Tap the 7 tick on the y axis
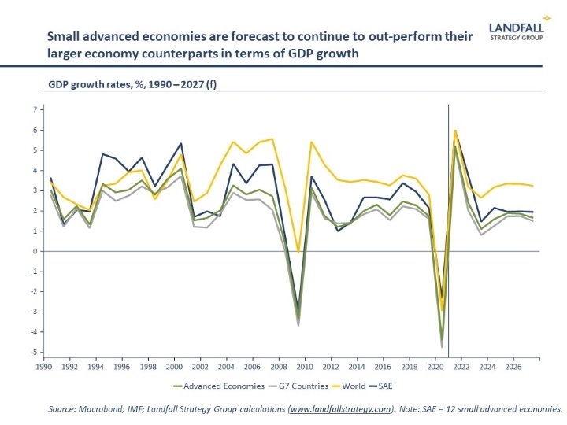click(35, 109)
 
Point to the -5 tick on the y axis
click(34, 352)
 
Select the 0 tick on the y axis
click(35, 251)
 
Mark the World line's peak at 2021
click(455, 131)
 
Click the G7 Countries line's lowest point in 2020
click(443, 347)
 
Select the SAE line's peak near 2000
click(181, 144)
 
